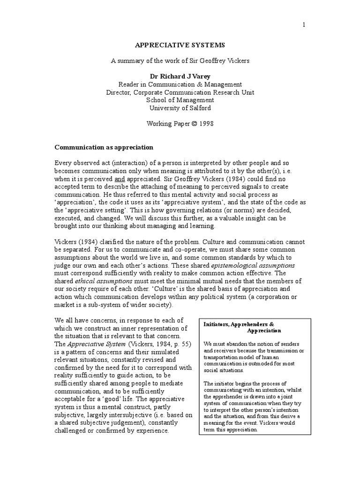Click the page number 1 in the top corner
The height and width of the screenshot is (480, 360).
[x=304, y=25]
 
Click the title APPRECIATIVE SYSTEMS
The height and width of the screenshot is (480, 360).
[x=180, y=45]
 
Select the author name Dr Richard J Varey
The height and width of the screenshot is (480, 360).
[x=180, y=76]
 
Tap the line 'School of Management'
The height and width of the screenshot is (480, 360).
[x=180, y=100]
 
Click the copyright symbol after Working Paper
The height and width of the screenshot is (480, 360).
[x=195, y=123]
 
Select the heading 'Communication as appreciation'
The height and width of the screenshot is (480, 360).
[x=104, y=147]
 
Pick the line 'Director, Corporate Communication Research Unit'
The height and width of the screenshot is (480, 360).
[x=180, y=92]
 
